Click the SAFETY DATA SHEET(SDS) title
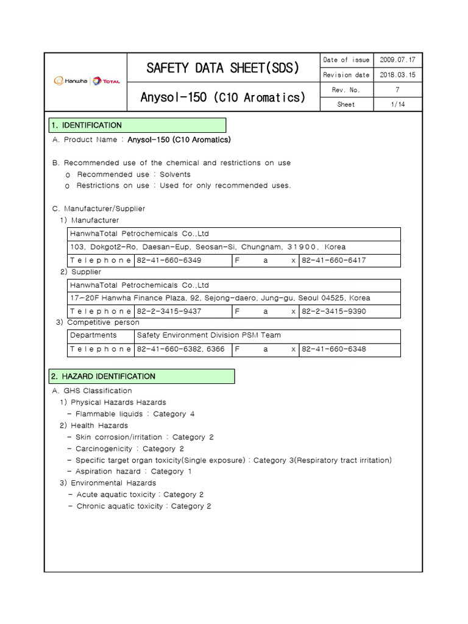[x=223, y=68]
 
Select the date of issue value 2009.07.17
[x=397, y=60]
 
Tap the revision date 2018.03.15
[x=397, y=75]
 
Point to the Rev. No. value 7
[x=397, y=90]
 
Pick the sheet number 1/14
[x=397, y=104]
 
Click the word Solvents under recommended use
[x=175, y=174]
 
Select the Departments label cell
[x=93, y=335]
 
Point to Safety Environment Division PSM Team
[x=209, y=335]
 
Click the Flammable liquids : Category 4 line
[x=135, y=414]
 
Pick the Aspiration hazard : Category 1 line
[x=133, y=471]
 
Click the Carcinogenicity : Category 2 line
[x=129, y=448]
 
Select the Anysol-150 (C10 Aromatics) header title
[x=223, y=97]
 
